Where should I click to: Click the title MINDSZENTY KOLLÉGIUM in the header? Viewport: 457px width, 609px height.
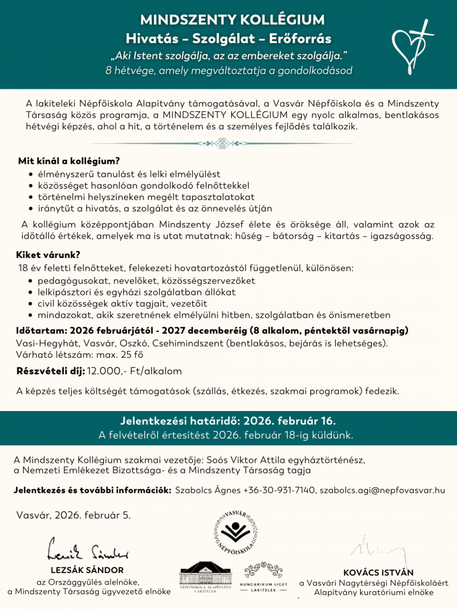click(232, 20)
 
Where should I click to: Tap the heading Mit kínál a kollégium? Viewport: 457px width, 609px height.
click(69, 161)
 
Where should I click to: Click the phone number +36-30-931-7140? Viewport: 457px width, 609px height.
click(278, 490)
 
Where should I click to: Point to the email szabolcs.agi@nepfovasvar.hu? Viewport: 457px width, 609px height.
click(382, 490)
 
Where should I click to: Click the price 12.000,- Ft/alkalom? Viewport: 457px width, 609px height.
click(135, 371)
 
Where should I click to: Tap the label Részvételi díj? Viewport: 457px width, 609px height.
click(51, 371)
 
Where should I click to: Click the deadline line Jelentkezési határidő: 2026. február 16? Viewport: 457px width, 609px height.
click(228, 421)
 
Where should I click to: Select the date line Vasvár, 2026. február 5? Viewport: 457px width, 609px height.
click(74, 515)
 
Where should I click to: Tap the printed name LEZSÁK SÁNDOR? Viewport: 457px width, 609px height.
click(87, 570)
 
